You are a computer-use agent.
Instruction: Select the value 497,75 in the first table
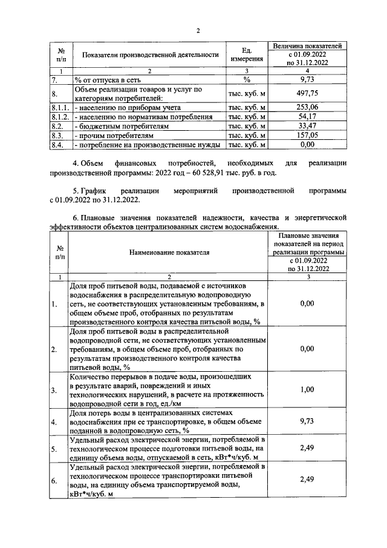(x=308, y=93)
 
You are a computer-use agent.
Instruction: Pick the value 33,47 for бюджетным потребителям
(x=308, y=127)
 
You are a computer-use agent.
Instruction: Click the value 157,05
(x=308, y=136)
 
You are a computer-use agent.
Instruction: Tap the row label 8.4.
(x=58, y=146)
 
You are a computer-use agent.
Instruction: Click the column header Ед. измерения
(x=246, y=54)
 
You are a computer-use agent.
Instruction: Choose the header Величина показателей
(x=308, y=45)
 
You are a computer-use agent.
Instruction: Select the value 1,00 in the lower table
(x=308, y=391)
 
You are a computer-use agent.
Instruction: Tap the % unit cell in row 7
(x=246, y=79)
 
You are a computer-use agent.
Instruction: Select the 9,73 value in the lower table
(x=308, y=422)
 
